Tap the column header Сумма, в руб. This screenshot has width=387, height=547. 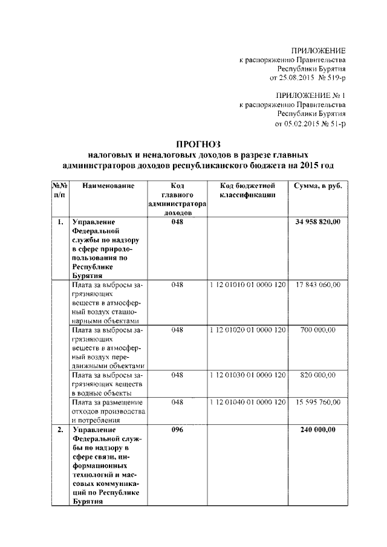(x=318, y=186)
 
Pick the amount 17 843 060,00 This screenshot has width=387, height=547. (x=318, y=285)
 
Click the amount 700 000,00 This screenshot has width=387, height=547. (x=318, y=331)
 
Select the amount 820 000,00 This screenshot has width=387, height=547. (x=318, y=375)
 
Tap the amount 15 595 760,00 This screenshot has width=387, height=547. (x=318, y=402)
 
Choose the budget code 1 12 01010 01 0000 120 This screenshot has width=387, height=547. (x=247, y=285)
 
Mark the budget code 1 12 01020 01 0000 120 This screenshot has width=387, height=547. (x=247, y=331)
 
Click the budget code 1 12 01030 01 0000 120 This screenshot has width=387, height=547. (x=247, y=375)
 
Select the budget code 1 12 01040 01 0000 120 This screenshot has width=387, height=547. (x=247, y=402)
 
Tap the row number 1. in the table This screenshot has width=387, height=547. (x=60, y=222)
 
